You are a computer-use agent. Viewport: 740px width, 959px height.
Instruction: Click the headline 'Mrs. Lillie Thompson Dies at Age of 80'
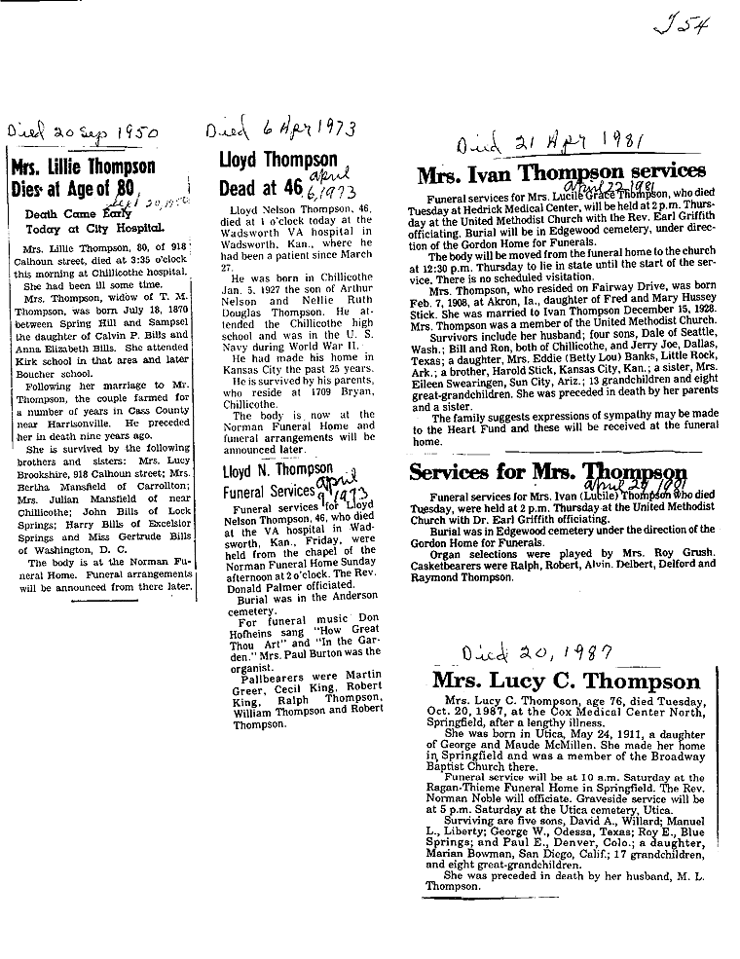(80, 176)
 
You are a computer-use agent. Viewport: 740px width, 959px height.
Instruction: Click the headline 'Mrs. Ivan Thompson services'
(561, 175)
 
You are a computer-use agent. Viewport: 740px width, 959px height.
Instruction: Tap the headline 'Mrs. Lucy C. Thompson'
(566, 681)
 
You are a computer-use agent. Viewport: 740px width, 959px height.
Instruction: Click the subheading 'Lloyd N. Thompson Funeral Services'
(277, 481)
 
